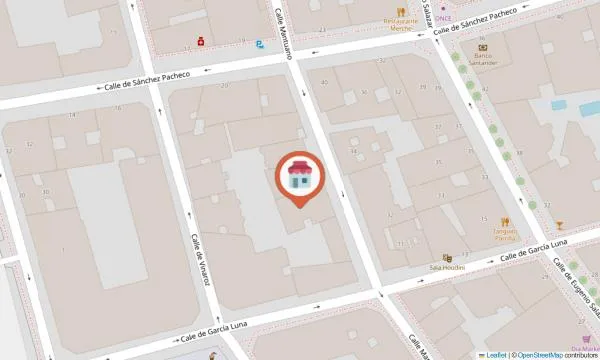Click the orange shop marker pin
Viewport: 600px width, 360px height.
(x=297, y=177)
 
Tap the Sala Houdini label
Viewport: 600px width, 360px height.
(x=447, y=269)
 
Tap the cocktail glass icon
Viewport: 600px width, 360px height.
(x=559, y=224)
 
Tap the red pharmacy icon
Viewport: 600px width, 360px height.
(x=200, y=42)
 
